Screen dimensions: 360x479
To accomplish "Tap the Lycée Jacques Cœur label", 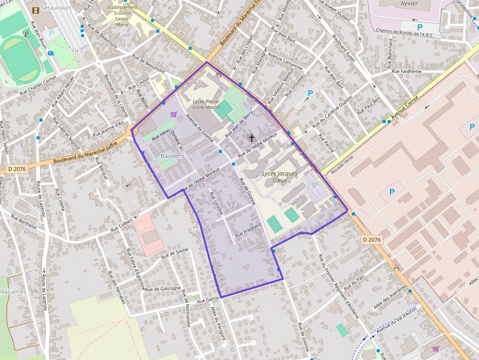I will point(280,177).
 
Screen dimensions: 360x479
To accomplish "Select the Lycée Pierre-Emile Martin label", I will point(206,104).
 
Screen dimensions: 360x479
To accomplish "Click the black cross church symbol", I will point(252,138).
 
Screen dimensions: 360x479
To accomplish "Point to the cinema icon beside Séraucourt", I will point(35,10).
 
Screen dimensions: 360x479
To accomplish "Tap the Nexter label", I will point(409,3).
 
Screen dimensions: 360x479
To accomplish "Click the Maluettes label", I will point(13,292).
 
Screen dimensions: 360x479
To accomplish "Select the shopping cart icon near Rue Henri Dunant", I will point(173,114).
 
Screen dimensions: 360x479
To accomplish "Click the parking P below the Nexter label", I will point(419,27).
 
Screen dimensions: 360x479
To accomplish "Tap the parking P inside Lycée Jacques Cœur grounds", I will point(314,186).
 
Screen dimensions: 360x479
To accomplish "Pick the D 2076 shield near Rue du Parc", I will point(372,240).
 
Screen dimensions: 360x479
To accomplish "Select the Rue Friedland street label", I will point(248,230).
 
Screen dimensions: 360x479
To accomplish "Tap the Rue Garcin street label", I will point(208,299).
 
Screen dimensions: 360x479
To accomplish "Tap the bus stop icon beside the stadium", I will point(51,54).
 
